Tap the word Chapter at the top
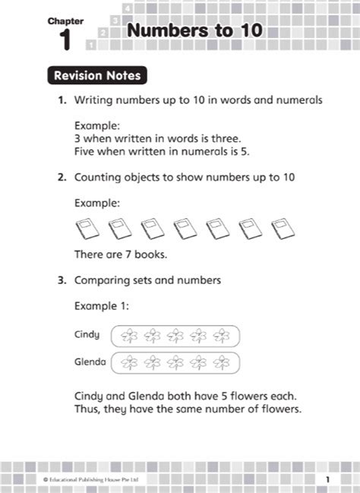pyautogui.click(x=65, y=21)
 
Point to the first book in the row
pyautogui.click(x=87, y=226)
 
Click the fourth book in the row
pyautogui.click(x=185, y=226)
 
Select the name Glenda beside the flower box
pyautogui.click(x=90, y=361)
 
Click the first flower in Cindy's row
pyautogui.click(x=128, y=335)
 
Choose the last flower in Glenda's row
pyautogui.click(x=223, y=362)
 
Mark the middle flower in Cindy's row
pyautogui.click(x=175, y=335)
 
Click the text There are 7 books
pyautogui.click(x=121, y=253)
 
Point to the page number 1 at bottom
pyautogui.click(x=327, y=479)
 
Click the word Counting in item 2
pyautogui.click(x=97, y=177)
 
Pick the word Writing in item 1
pyautogui.click(x=93, y=100)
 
